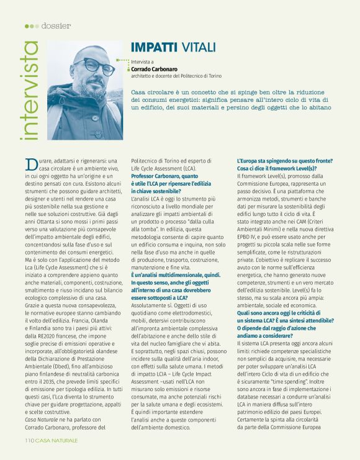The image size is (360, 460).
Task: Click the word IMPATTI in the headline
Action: tap(155, 47)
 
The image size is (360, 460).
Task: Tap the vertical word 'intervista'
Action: tap(29, 91)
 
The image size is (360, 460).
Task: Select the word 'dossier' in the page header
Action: tap(56, 25)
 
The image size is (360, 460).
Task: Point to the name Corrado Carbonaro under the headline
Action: tap(155, 69)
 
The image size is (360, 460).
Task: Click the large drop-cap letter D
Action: tap(30, 165)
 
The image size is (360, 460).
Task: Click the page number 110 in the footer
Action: tap(29, 440)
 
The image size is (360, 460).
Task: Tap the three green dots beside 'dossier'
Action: tap(32, 25)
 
